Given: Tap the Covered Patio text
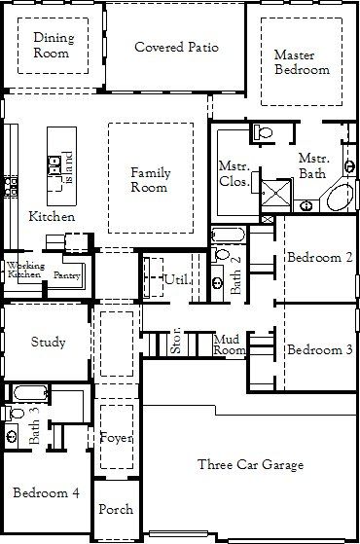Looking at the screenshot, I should (x=176, y=47).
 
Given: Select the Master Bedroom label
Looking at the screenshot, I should (x=301, y=62).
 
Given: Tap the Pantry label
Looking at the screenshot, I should (x=66, y=275).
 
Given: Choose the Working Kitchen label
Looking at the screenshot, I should (x=24, y=271).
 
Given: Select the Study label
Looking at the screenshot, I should (x=48, y=342).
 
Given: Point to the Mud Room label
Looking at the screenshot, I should (x=229, y=344).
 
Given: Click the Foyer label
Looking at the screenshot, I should (x=117, y=437).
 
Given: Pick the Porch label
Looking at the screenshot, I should (x=117, y=509).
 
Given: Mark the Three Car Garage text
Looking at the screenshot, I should (x=250, y=463).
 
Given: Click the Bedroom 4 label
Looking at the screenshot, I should (x=47, y=494).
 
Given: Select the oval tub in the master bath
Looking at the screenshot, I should (x=340, y=199).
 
